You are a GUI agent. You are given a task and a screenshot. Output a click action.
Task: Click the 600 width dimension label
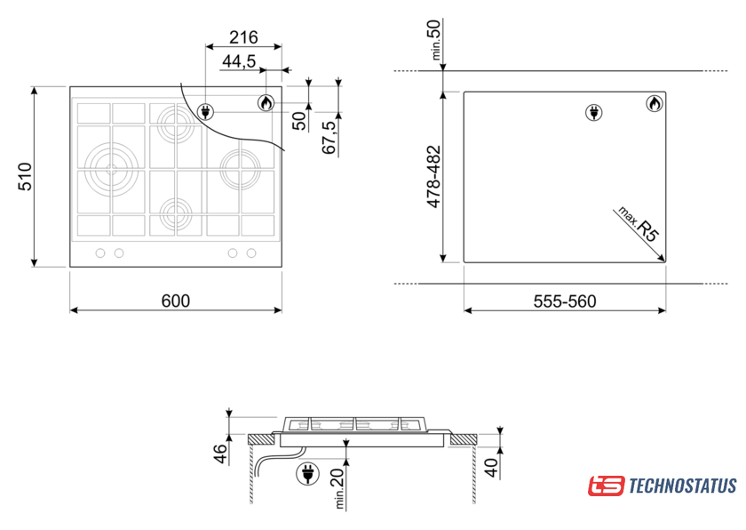[176, 301]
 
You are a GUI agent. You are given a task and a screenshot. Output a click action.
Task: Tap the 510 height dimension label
[25, 176]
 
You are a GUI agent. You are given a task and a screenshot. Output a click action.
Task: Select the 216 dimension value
[243, 37]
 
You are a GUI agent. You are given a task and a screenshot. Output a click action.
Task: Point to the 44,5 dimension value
[239, 61]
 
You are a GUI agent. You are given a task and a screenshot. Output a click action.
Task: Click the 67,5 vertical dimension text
[329, 137]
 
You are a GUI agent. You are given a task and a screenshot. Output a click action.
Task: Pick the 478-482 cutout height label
[434, 177]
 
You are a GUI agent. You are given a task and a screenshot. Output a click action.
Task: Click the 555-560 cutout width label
[565, 301]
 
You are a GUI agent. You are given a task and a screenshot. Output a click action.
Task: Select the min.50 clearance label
[435, 39]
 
